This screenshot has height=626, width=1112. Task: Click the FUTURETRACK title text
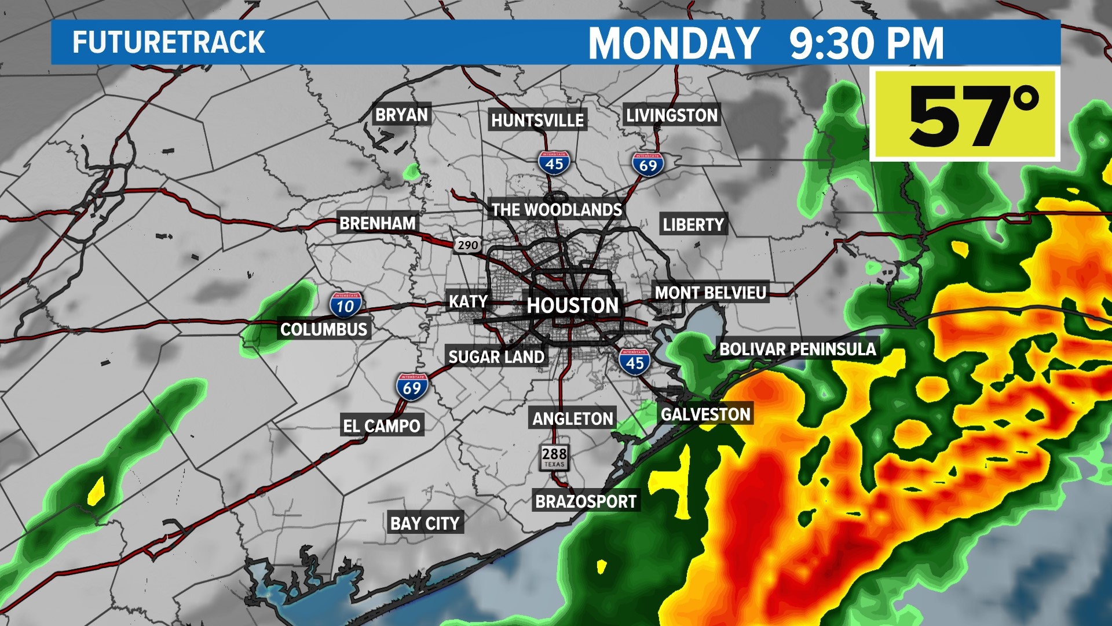tap(169, 43)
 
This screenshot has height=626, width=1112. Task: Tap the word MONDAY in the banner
tap(674, 43)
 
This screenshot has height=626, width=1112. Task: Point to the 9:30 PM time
tap(866, 43)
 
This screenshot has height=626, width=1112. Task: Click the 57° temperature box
tap(965, 115)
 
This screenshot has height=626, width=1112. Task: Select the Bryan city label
tap(401, 115)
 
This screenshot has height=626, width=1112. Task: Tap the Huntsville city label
tap(537, 120)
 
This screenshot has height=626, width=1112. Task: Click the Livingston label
tap(672, 115)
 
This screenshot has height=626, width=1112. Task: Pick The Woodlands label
tap(557, 210)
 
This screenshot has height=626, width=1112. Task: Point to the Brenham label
tap(378, 223)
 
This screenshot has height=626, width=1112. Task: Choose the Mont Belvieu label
tap(711, 293)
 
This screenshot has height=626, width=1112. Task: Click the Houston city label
tap(573, 305)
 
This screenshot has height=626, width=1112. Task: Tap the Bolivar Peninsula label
tap(798, 349)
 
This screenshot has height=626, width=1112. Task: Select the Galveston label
tap(705, 414)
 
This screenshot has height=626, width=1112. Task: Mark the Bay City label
tap(425, 523)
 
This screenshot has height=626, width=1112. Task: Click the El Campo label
tap(382, 426)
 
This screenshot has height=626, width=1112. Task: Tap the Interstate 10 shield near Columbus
tap(345, 305)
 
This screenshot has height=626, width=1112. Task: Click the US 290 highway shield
tap(467, 245)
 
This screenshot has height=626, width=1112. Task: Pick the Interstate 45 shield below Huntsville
tap(554, 163)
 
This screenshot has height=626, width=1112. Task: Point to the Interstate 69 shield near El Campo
tap(412, 387)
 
